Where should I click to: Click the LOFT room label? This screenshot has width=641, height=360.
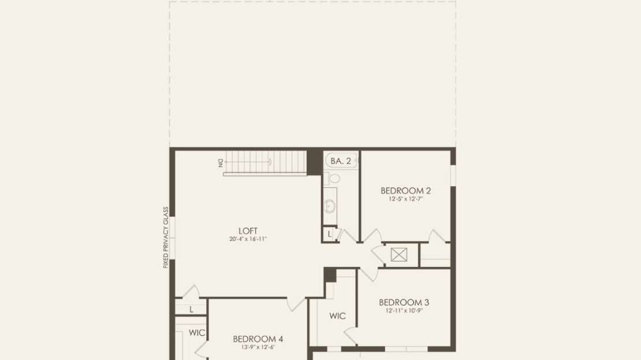pos(248,231)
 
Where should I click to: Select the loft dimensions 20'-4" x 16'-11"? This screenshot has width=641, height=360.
pos(248,239)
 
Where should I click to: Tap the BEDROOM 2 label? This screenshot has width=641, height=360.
pos(405,191)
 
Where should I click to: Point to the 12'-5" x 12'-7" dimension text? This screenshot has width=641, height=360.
pos(405,199)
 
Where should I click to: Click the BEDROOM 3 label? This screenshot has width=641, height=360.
pos(404,302)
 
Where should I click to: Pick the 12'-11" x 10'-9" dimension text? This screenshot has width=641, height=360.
pos(404,310)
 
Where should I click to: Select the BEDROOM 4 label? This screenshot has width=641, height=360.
pos(258,339)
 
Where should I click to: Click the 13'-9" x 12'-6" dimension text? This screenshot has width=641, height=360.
pos(258,347)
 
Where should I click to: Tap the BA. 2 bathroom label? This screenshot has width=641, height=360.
pos(341,161)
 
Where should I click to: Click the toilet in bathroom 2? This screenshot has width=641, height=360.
pos(333,179)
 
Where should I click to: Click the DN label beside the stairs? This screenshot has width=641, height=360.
pos(221,162)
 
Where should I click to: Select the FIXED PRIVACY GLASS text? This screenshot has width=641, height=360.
pos(166,237)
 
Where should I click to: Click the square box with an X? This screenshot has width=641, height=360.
pos(399,254)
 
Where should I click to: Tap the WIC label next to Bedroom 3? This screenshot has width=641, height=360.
pos(337,316)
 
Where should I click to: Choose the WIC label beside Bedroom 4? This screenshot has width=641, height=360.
pos(197,333)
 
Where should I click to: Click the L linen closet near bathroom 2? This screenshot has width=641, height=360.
pos(330,235)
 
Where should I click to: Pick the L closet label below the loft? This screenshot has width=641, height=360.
pos(191,310)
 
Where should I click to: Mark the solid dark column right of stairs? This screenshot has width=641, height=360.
pos(314,162)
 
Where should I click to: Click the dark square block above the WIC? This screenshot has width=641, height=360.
pos(330,274)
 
